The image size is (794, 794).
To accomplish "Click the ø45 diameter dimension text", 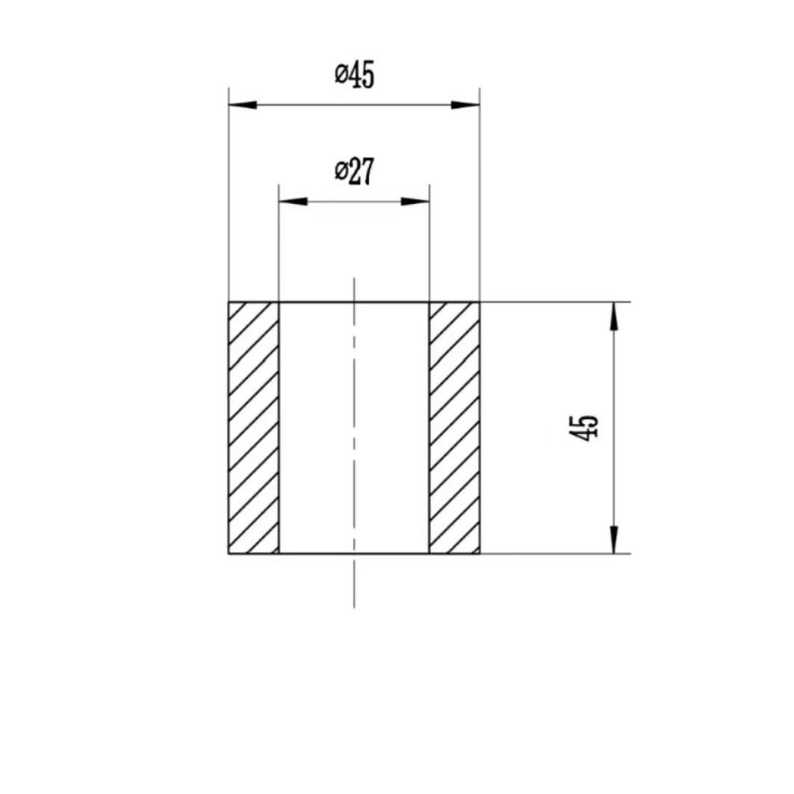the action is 355,75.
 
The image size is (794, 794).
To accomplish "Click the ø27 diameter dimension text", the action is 355,171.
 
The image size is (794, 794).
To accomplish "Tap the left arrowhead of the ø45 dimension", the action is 243,105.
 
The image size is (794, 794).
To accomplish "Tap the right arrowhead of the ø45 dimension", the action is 465,105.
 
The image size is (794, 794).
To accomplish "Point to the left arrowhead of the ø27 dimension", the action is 294,202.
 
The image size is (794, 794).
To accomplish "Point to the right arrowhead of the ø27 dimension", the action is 415,202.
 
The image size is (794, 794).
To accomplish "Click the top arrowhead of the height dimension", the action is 614,317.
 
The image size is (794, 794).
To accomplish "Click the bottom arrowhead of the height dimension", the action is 614,539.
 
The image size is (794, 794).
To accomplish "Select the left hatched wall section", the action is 254,428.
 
